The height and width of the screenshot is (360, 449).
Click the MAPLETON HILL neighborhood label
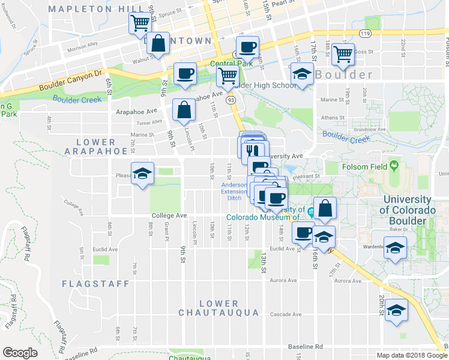click(x=97, y=9)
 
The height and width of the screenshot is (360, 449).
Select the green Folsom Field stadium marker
click(x=394, y=164)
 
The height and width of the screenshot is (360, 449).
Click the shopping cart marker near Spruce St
click(x=139, y=23)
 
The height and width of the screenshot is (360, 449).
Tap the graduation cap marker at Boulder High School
click(x=301, y=74)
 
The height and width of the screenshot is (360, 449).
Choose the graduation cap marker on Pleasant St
click(x=142, y=173)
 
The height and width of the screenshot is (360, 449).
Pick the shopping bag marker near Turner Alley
click(x=183, y=109)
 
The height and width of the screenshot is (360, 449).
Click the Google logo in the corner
click(x=20, y=352)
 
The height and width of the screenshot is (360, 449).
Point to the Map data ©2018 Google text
click(x=411, y=355)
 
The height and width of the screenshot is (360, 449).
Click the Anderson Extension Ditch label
click(x=234, y=191)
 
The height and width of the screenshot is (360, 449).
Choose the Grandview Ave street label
click(x=370, y=129)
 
